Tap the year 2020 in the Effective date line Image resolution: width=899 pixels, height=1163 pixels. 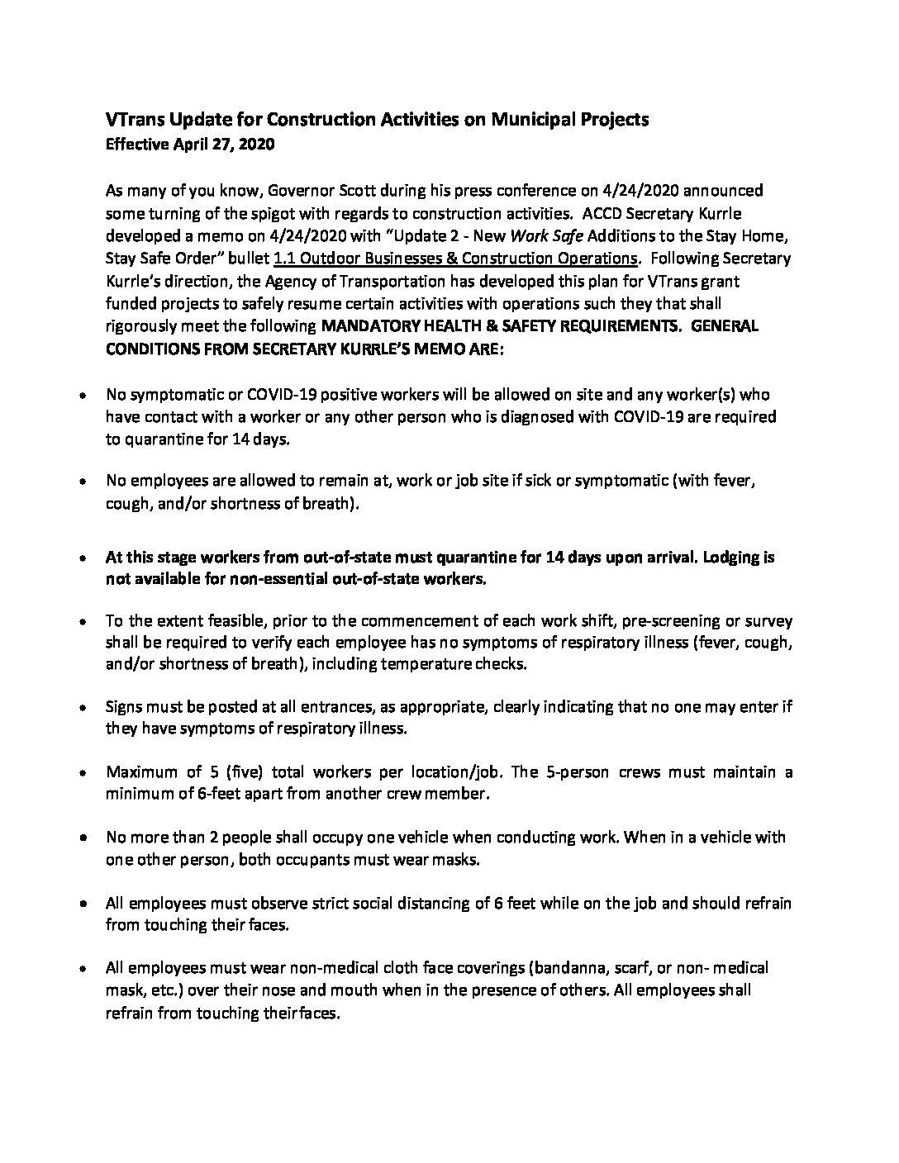click(256, 145)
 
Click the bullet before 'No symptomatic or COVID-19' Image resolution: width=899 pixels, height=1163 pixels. click(83, 396)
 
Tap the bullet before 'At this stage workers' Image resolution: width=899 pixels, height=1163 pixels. click(83, 558)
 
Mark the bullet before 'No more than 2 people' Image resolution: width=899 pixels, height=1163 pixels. click(83, 838)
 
